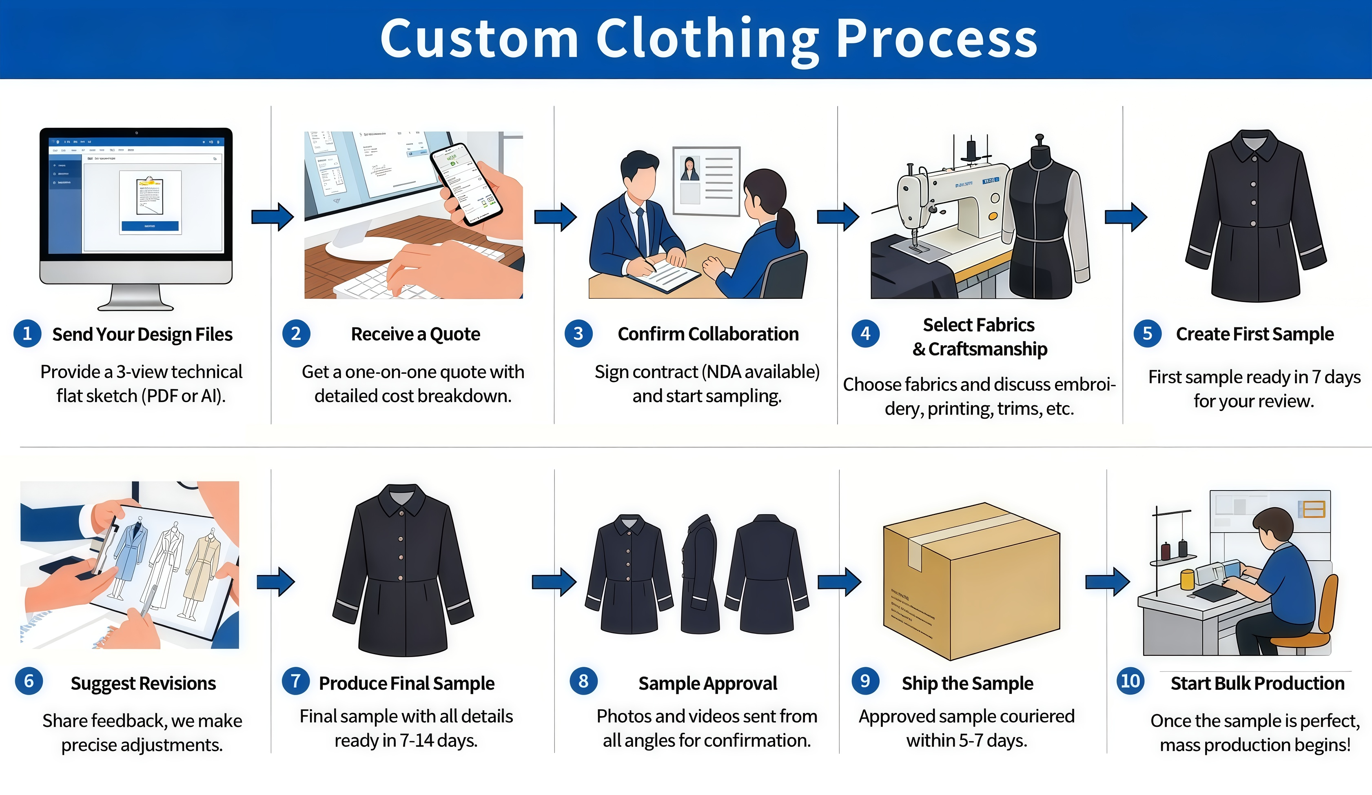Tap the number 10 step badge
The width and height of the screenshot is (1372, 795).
pyautogui.click(x=1130, y=681)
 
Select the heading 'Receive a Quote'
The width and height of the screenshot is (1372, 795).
pyautogui.click(x=415, y=334)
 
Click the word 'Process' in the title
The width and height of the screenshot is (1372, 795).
pyautogui.click(x=936, y=39)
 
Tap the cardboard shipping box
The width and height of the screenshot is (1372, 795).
pyautogui.click(x=972, y=580)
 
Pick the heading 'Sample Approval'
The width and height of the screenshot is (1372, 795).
pyautogui.click(x=707, y=683)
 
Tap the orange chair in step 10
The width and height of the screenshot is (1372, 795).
pyautogui.click(x=1312, y=615)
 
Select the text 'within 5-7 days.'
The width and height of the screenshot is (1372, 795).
pyautogui.click(x=966, y=741)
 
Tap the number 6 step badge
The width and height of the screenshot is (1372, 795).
pyautogui.click(x=29, y=681)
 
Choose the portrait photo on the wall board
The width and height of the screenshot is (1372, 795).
pyautogui.click(x=690, y=169)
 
